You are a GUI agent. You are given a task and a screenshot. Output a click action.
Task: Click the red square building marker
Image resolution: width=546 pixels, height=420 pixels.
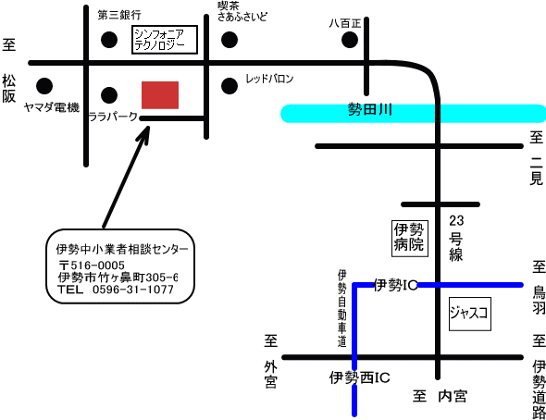tap(160, 95)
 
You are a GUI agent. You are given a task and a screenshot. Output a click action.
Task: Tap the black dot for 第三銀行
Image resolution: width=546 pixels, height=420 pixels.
tap(109, 40)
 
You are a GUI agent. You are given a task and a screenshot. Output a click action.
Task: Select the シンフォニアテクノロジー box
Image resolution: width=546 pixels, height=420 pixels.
tap(165, 40)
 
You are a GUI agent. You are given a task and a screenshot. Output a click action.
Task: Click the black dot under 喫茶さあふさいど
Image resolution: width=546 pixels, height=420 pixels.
tap(230, 40)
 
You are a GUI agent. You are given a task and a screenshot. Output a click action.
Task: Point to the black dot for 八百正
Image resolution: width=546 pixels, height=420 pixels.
tap(350, 40)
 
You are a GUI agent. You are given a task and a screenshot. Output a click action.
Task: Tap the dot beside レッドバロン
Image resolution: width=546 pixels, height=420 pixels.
tap(230, 86)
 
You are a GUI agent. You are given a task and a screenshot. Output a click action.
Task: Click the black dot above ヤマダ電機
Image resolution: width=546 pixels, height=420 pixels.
tap(44, 86)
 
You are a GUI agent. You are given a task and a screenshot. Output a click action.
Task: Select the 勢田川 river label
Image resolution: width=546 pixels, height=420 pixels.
tap(370, 110)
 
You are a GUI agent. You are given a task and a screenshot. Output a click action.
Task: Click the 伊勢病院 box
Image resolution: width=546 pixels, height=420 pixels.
tap(410, 239)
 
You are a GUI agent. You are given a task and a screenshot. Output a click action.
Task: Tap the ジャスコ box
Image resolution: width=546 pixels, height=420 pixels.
tap(470, 314)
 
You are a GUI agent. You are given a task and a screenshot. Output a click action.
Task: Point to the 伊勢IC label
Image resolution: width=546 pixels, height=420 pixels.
tap(395, 285)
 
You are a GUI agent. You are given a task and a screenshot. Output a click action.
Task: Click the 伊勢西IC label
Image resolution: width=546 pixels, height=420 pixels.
tap(360, 377)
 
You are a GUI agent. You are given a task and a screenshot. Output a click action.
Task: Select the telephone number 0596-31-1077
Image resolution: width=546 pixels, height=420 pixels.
tap(133, 290)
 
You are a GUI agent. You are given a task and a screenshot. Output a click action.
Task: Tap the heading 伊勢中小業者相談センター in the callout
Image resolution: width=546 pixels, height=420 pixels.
tap(122, 249)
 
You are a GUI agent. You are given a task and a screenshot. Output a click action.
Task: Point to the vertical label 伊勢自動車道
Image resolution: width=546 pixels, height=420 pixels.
tap(342, 308)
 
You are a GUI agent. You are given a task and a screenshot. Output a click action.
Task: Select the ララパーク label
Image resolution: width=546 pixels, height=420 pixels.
tap(113, 117)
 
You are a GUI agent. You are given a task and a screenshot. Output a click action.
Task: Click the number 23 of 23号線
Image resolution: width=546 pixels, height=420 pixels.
tap(456, 220)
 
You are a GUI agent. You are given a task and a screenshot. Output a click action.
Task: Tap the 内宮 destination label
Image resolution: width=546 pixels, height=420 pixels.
tap(453, 396)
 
